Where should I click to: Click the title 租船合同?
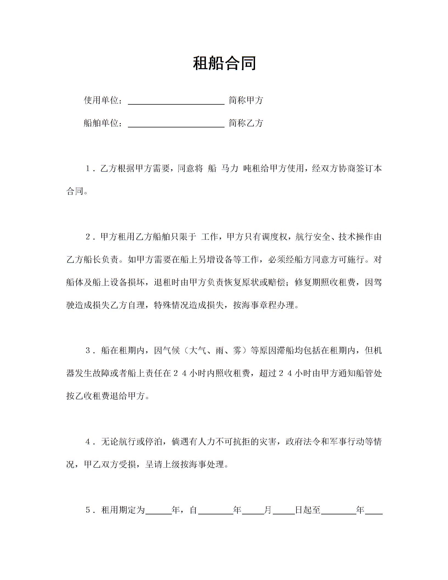point(224,63)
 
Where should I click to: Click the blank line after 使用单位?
point(176,101)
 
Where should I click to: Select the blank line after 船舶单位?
point(176,124)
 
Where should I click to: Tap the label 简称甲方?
point(246,101)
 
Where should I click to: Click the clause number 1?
point(88,169)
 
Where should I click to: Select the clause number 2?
point(88,237)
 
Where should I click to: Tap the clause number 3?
point(88,351)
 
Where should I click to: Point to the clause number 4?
point(88,442)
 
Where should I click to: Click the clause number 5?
point(88,510)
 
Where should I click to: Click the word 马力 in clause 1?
point(229,169)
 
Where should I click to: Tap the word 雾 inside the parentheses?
point(237,351)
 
